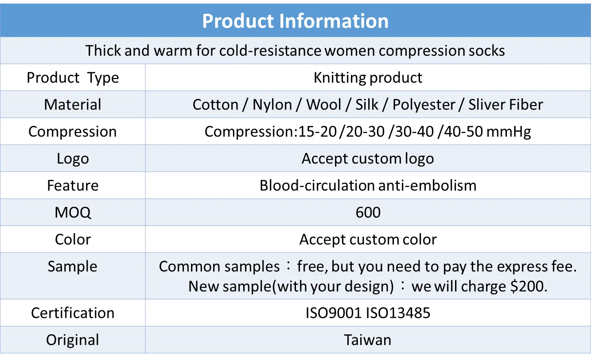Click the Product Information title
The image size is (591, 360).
tap(295, 21)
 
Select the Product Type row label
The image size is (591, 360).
tap(73, 78)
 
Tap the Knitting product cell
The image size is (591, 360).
tap(368, 78)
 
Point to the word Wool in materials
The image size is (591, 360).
tap(324, 104)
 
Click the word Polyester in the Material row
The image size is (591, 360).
tap(424, 105)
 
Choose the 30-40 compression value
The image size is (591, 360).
tap(415, 132)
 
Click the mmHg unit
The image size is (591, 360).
tap(509, 132)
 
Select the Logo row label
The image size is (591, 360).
tap(73, 159)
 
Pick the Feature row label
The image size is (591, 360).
tap(73, 185)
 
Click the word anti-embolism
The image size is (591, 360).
tap(428, 185)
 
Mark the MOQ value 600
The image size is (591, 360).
tap(368, 212)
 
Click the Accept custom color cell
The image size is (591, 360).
tap(368, 240)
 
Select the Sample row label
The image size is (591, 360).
tap(72, 267)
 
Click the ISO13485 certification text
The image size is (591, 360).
tap(398, 313)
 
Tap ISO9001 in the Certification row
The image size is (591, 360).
tap(334, 313)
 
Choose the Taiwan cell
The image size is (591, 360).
tap(368, 340)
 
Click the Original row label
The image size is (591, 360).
tap(73, 340)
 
